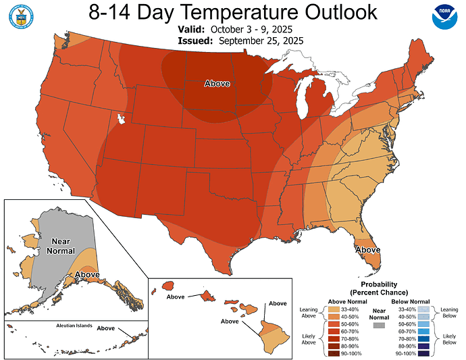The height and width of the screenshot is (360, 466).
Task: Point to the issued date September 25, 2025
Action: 257,41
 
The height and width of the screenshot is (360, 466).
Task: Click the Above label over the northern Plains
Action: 217,84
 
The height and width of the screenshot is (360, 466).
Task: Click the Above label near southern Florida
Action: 368,249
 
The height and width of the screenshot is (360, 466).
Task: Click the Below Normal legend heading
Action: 411,301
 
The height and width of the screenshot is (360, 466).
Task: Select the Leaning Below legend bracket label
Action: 449,311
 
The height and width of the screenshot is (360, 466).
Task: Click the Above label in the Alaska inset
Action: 87,275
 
